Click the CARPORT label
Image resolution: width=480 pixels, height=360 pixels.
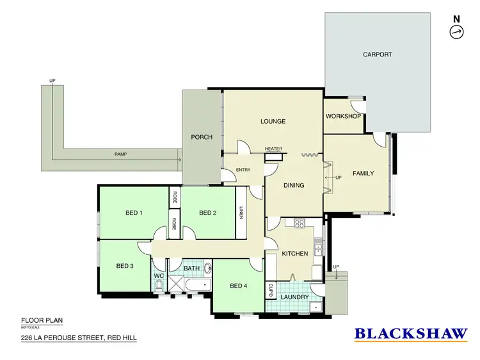tap(377, 55)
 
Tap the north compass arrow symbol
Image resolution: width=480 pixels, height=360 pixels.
tap(456, 33)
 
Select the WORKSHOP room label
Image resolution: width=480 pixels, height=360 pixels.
tap(343, 116)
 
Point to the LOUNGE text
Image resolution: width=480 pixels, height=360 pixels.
tap(273, 121)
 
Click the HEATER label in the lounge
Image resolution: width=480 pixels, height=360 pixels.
tap(273, 149)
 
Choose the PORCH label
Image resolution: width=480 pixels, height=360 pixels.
tap(202, 137)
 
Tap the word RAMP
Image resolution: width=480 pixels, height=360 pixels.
tap(120, 154)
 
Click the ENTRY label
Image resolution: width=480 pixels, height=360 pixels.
tap(243, 170)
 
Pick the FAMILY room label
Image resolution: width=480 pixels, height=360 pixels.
tap(363, 174)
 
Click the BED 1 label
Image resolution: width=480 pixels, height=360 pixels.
tap(132, 213)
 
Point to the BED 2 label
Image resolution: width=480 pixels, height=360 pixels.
tap(208, 213)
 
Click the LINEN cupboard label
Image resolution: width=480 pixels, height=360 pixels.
tap(241, 212)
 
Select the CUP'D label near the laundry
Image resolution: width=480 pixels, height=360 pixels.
tap(271, 290)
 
